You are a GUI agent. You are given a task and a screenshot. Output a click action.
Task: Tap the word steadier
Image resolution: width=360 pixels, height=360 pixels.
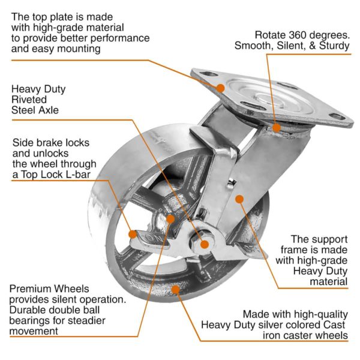click(85, 320)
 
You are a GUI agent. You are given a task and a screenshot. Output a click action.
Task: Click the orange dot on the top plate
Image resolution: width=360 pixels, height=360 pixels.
click(221, 88)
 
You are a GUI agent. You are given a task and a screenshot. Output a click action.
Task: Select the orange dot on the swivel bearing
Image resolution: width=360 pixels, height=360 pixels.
click(275, 127)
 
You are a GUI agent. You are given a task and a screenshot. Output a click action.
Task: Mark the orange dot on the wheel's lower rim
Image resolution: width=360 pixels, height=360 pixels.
click(176, 289)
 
